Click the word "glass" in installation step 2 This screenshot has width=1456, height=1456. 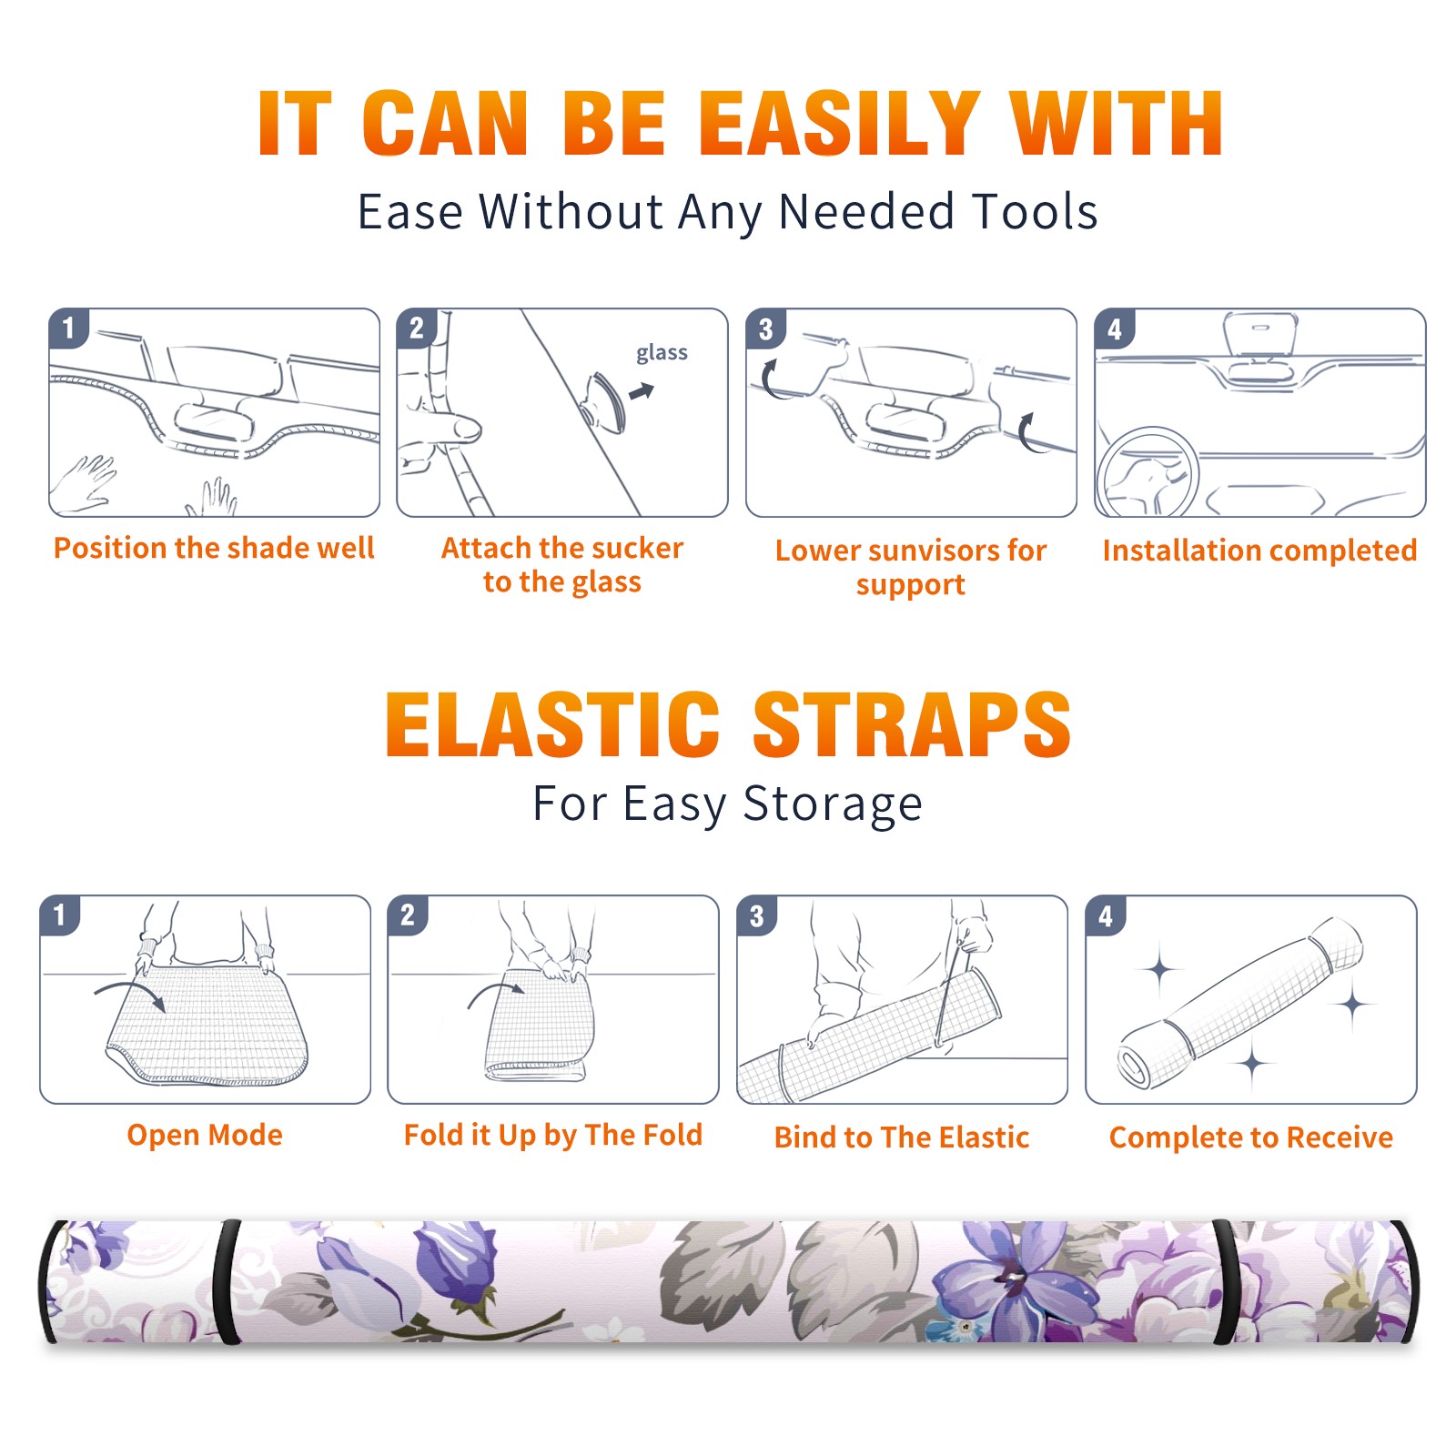coord(662,353)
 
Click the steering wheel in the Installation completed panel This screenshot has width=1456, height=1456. coord(1148,472)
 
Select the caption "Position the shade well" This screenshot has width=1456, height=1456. coord(214,548)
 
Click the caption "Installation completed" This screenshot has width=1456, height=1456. coord(1259,550)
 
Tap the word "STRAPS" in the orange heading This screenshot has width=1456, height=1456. coord(912,724)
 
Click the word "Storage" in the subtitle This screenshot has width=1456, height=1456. coord(833,804)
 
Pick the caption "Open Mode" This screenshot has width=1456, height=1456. coord(205,1135)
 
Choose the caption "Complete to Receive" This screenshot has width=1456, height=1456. coord(1250,1137)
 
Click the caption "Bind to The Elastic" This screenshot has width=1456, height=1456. coord(901,1137)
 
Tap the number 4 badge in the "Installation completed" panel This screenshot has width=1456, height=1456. coord(1115,329)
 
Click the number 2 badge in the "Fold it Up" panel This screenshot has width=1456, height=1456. coord(407,915)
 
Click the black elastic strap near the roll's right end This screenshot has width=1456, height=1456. coord(1225,1280)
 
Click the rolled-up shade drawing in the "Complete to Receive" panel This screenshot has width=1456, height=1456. coord(1239,1001)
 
